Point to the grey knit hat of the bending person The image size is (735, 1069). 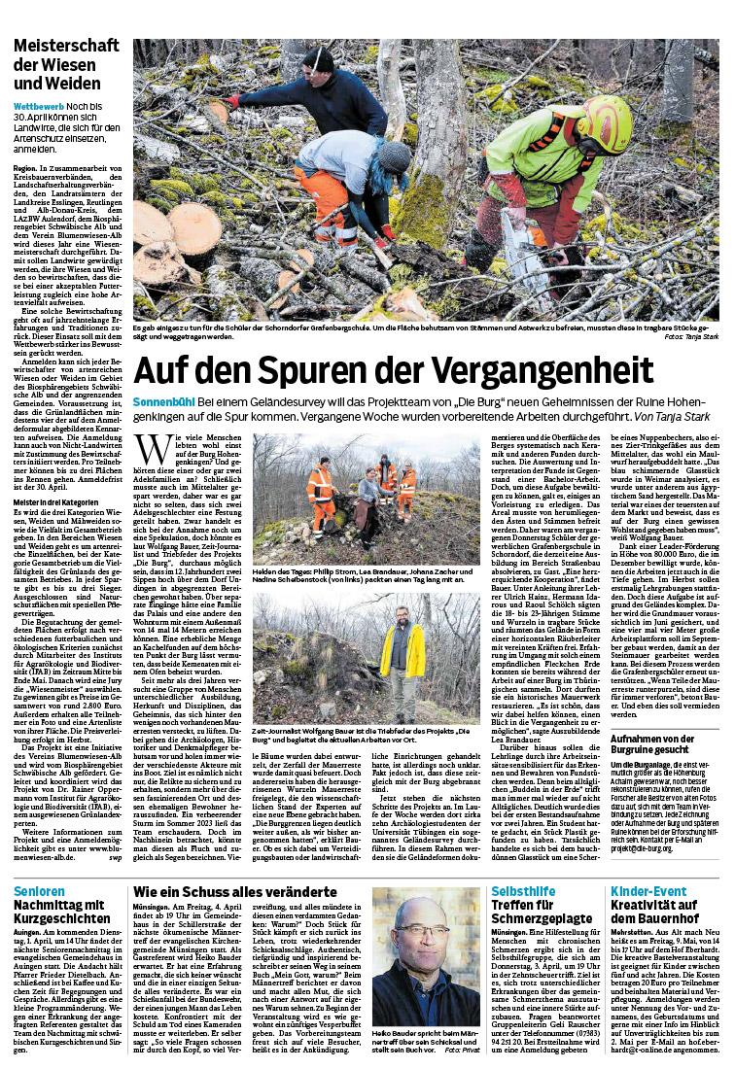[x=396, y=156]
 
